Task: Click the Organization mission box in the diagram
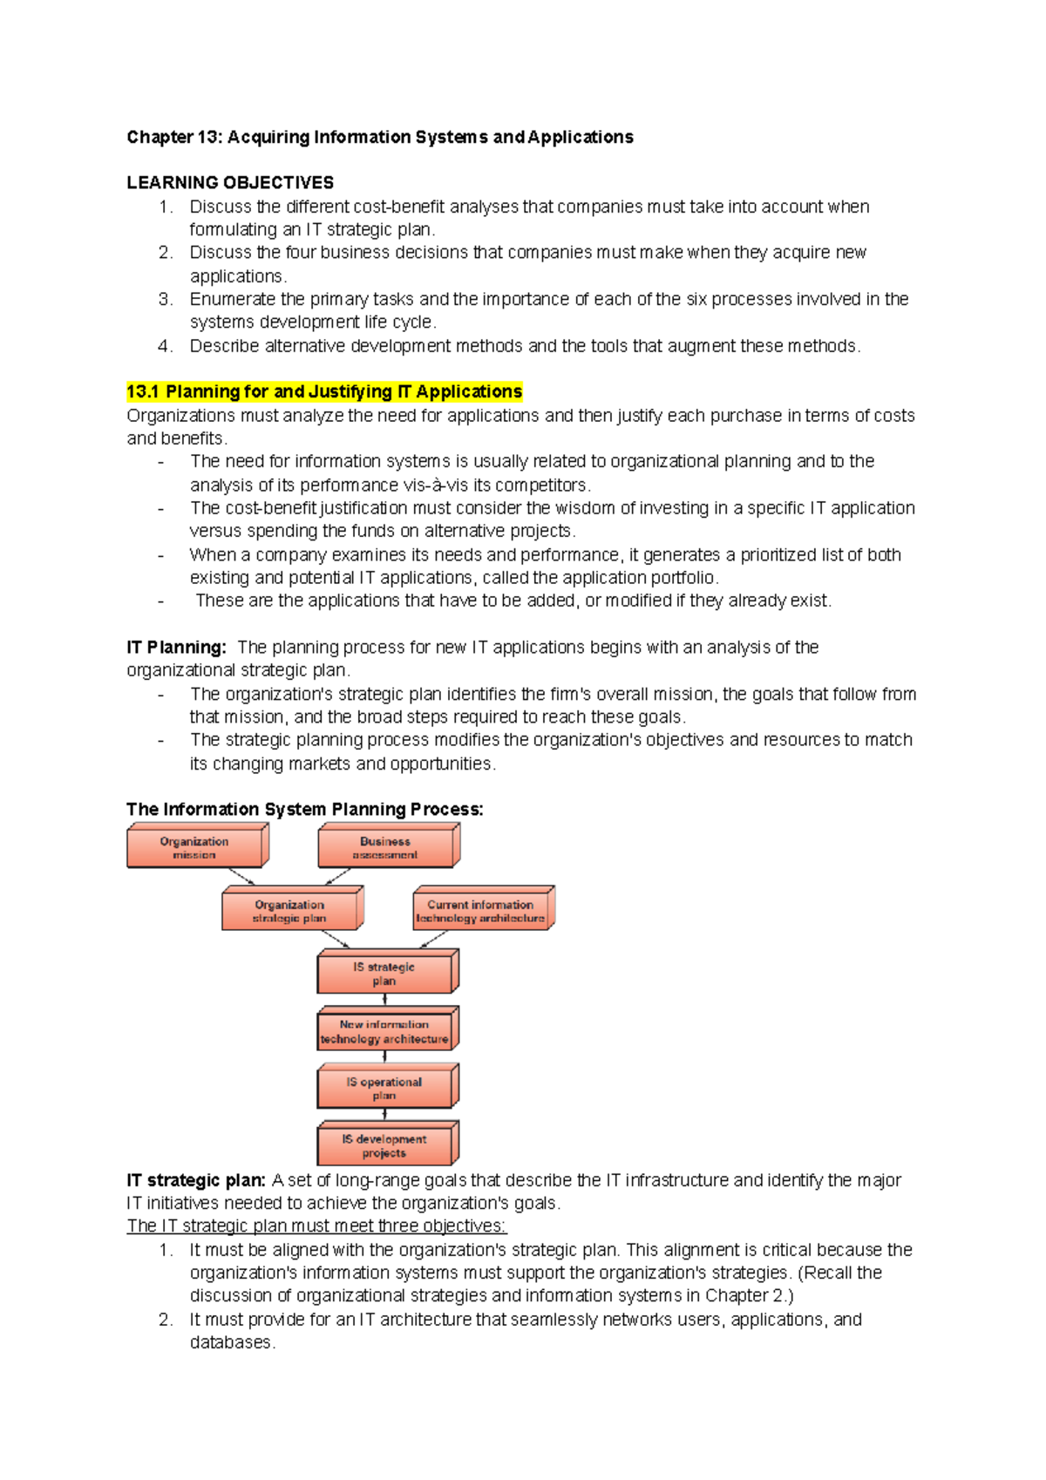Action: click(x=194, y=848)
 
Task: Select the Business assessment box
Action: click(x=385, y=848)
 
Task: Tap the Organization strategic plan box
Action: click(x=289, y=912)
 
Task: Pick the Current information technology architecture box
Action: click(x=480, y=912)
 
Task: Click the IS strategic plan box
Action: click(x=384, y=974)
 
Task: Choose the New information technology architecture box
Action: click(x=384, y=1032)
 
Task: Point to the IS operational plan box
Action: click(x=384, y=1089)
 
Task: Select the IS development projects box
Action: click(x=384, y=1146)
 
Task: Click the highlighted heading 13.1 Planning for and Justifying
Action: click(x=324, y=391)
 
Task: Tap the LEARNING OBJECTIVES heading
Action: click(x=230, y=183)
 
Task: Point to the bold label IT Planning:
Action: click(x=176, y=648)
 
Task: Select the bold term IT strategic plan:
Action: click(x=196, y=1180)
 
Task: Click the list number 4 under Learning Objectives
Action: click(x=165, y=346)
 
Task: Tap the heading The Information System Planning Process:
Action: click(x=304, y=809)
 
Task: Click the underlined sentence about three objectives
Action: click(x=316, y=1225)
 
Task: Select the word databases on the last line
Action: click(x=231, y=1342)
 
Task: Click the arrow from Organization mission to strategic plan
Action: click(x=241, y=877)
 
